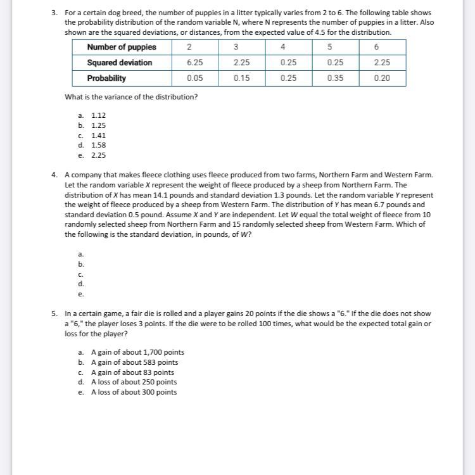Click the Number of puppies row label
122,47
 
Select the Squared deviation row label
120,63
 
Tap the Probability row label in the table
106,79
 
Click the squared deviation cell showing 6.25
194,63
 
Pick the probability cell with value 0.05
194,79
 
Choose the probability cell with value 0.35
335,79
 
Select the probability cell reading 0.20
382,79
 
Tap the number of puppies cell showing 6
377,47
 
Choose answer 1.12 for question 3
98,115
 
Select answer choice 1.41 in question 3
98,135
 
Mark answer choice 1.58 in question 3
98,145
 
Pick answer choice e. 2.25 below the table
98,155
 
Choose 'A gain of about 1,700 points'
137,353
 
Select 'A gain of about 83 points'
132,372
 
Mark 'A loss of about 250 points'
134,382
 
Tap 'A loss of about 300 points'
134,392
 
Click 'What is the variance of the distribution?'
131,97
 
